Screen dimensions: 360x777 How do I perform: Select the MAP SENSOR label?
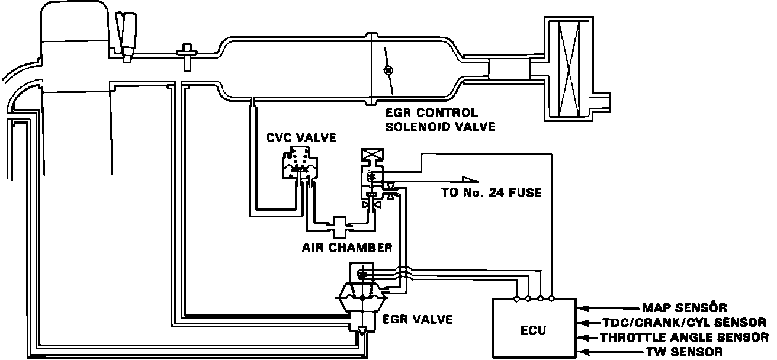684,308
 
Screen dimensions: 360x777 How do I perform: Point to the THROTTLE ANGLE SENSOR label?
684,337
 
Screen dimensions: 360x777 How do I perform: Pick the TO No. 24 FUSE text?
491,192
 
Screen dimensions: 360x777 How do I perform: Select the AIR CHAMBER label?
346,247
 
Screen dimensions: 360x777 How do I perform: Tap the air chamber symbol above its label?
341,225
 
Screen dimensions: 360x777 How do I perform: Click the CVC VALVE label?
301,139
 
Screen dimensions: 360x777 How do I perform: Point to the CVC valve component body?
300,165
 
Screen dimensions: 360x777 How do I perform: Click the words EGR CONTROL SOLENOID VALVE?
439,119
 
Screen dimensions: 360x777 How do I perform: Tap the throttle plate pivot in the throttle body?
388,71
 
